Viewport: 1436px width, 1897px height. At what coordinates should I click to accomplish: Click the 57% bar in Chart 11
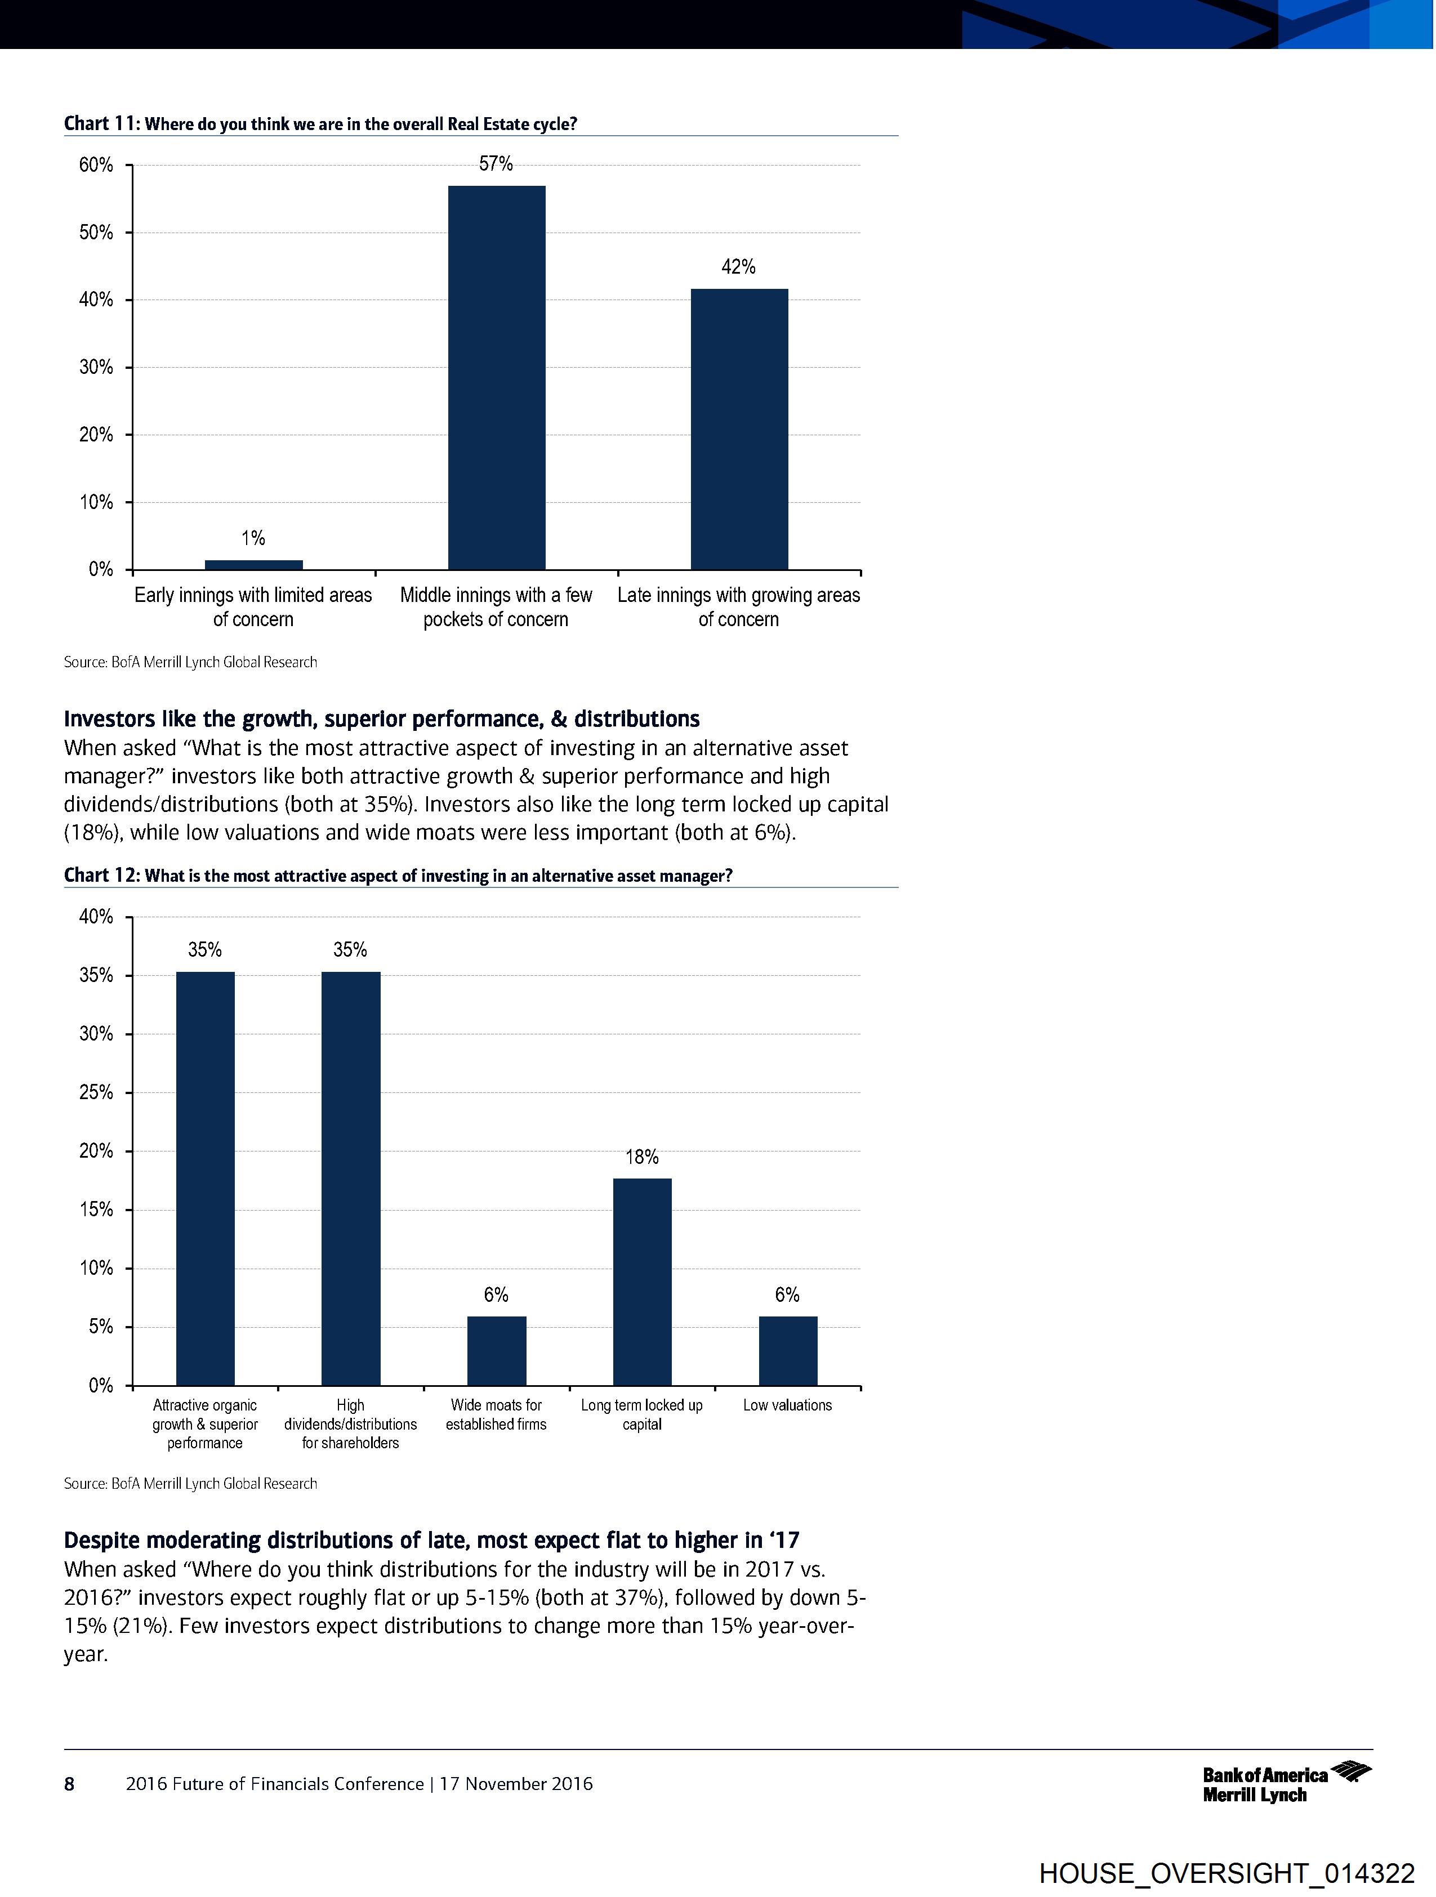[x=497, y=377]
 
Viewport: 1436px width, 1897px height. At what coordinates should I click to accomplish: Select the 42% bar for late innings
[x=739, y=429]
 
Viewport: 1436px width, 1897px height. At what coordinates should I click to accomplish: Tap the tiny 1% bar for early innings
[x=254, y=564]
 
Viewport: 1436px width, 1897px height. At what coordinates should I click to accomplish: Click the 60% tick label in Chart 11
[x=96, y=164]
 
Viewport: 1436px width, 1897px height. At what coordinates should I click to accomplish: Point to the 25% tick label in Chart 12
[x=96, y=1092]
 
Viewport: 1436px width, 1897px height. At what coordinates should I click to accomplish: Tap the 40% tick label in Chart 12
[x=96, y=917]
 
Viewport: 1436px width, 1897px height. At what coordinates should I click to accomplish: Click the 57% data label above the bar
[x=496, y=164]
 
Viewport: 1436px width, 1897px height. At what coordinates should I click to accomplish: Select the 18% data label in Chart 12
[x=641, y=1157]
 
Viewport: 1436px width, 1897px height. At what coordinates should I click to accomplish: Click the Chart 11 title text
[x=320, y=123]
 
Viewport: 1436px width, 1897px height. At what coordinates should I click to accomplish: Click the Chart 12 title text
[x=398, y=876]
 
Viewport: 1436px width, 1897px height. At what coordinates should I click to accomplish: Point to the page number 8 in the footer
[x=69, y=1784]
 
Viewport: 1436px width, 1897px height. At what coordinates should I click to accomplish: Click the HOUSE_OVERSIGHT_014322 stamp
[x=1226, y=1874]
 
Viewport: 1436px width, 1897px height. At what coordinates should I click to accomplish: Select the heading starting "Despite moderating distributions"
[x=431, y=1540]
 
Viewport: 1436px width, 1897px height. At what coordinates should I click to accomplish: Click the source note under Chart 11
[x=190, y=662]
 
